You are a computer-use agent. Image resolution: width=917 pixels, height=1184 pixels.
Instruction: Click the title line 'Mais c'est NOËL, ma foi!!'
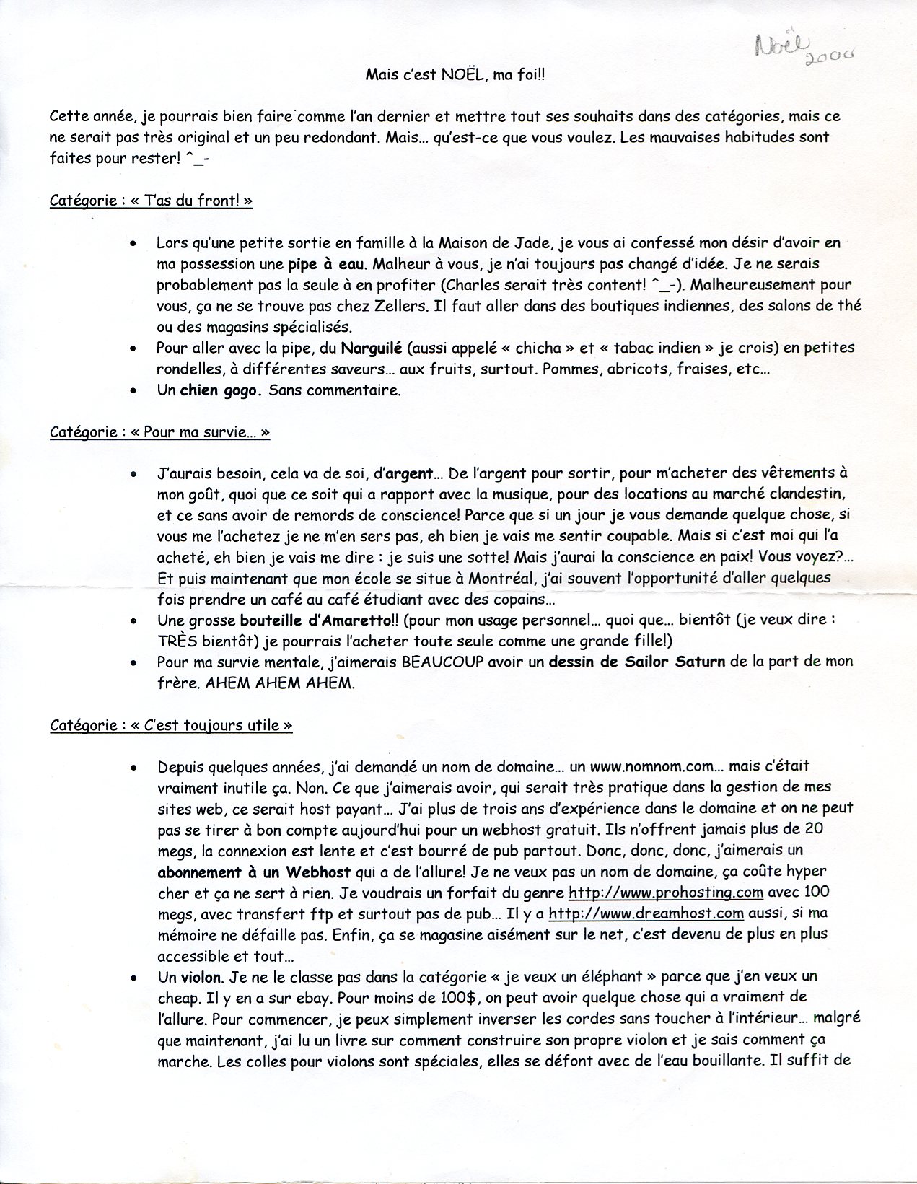[x=457, y=74]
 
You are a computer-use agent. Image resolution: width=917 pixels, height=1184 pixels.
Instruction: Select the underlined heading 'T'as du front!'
[x=151, y=201]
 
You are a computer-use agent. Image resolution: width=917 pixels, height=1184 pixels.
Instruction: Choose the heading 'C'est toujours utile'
[x=171, y=725]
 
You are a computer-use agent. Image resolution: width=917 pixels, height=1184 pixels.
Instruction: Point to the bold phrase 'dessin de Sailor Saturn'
[x=637, y=662]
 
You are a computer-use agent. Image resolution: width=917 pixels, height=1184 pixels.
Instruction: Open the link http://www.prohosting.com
[x=666, y=893]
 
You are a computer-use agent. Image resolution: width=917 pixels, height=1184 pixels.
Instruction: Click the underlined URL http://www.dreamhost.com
[x=646, y=913]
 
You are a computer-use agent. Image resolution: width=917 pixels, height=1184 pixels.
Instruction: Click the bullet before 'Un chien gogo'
[x=132, y=391]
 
